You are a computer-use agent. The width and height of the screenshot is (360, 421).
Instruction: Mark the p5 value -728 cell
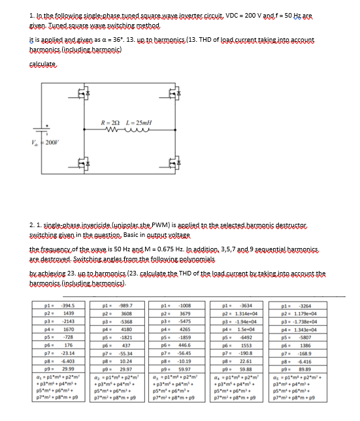point(86,336)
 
